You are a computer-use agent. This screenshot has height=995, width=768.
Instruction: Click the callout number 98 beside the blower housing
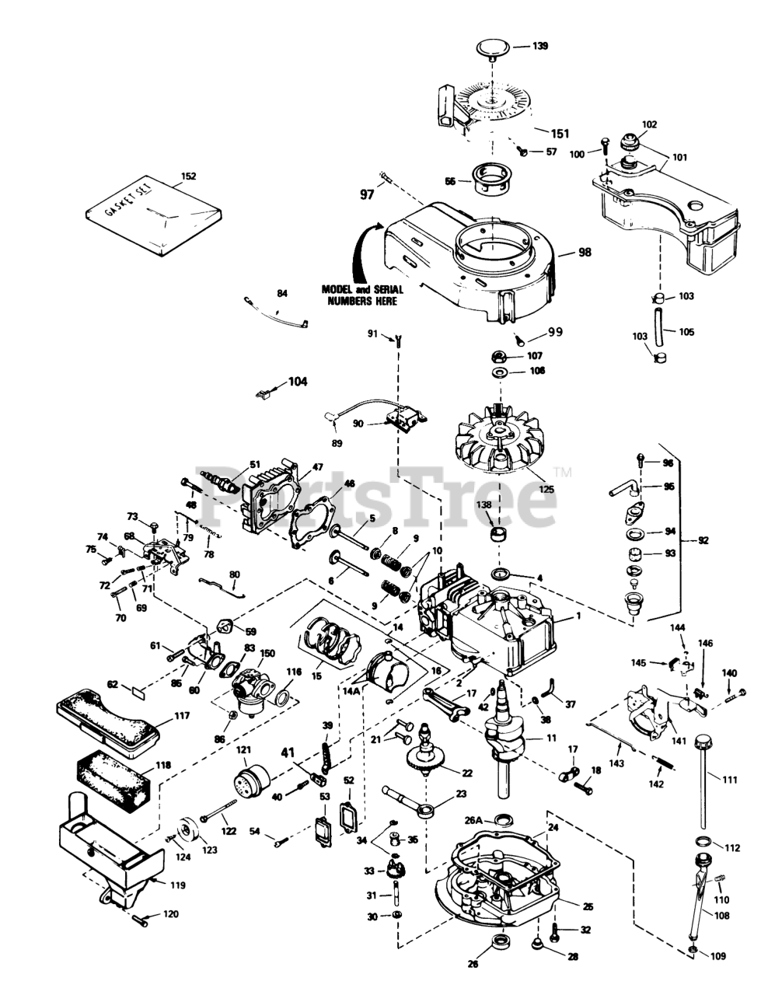[x=585, y=252]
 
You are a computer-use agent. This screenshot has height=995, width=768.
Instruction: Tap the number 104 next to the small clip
[x=297, y=382]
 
